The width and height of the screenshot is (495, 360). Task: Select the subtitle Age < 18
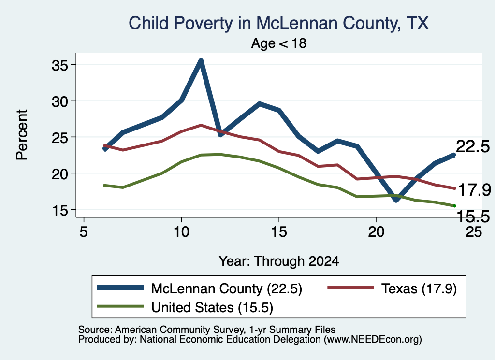pos(279,43)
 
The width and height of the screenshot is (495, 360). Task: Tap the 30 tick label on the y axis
pos(59,101)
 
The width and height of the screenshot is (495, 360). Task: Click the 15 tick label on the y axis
pos(59,210)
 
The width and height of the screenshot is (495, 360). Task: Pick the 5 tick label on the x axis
pos(83,231)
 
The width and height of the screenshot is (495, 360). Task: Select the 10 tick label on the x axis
pos(181,231)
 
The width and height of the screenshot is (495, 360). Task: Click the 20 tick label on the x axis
pos(376,231)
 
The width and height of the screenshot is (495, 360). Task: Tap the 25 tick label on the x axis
pos(474,231)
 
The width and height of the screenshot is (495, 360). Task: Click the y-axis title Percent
pos(22,135)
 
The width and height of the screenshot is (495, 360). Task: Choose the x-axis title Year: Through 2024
pos(279,261)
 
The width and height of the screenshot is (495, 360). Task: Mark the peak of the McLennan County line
pos(201,60)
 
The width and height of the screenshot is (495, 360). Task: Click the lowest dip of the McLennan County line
pos(396,200)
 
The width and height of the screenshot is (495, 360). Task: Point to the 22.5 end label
pos(473,147)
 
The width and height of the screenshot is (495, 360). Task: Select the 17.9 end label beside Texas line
pos(474,190)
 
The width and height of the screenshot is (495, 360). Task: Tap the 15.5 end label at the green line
pos(473,216)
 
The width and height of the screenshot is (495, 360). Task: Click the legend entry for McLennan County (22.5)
pos(200,288)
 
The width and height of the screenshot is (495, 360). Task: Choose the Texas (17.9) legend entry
pos(392,288)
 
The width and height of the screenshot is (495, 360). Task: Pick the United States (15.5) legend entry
pos(185,307)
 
